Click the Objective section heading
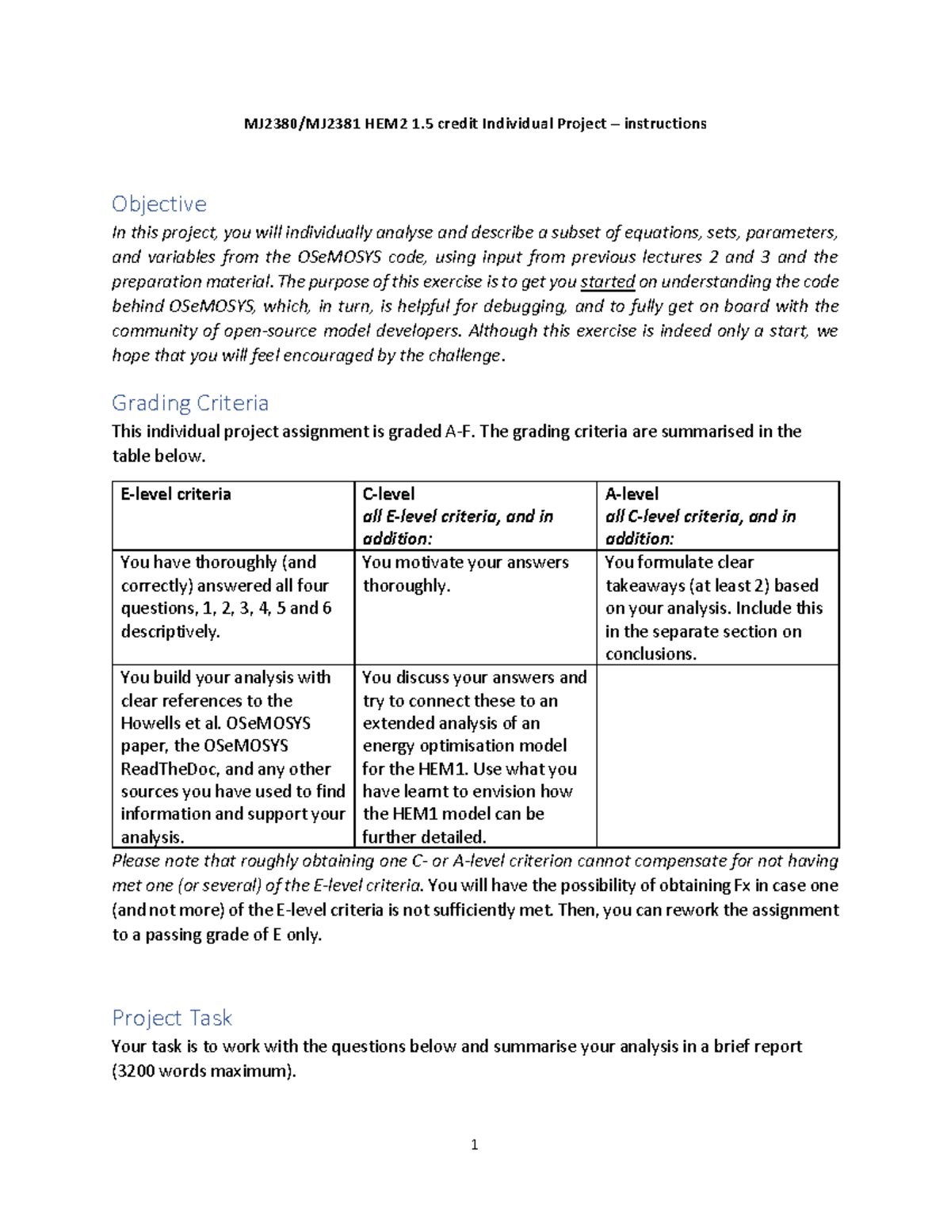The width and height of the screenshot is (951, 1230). point(158,204)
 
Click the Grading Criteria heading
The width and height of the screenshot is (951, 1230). point(190,403)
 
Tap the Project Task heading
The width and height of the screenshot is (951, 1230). point(171,1018)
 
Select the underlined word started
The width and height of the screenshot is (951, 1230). point(608,282)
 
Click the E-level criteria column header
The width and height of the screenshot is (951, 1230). point(176,494)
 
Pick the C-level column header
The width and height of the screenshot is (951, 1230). point(388,494)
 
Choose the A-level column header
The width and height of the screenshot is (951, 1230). point(632,494)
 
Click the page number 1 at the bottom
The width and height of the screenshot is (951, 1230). point(474,1144)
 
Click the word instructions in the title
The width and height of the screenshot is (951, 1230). point(665,124)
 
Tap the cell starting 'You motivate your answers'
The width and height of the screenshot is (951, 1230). point(465,574)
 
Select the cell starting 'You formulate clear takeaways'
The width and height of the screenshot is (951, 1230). point(713,607)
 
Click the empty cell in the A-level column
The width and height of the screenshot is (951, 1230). point(717,756)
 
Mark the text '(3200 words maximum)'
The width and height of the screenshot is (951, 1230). point(204,1072)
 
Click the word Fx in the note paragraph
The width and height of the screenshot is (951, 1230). point(741,885)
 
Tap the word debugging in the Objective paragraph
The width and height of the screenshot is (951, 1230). point(524,307)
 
